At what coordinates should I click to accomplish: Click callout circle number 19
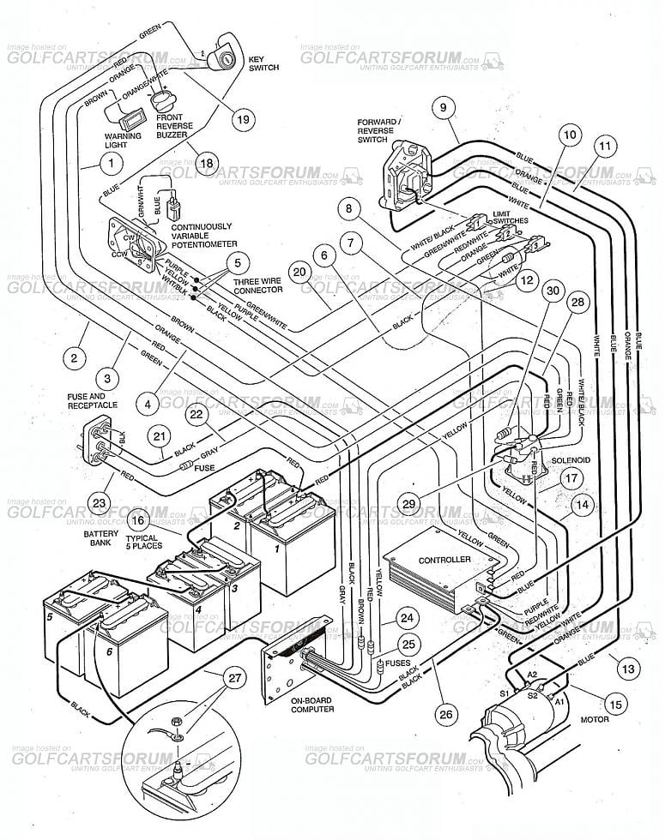tap(243, 119)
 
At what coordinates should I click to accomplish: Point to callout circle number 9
tap(443, 108)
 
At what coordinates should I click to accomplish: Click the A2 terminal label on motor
tap(531, 675)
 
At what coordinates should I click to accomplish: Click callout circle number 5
tap(238, 262)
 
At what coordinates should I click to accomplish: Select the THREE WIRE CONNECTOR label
tap(258, 285)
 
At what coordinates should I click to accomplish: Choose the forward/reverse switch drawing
tap(402, 172)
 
